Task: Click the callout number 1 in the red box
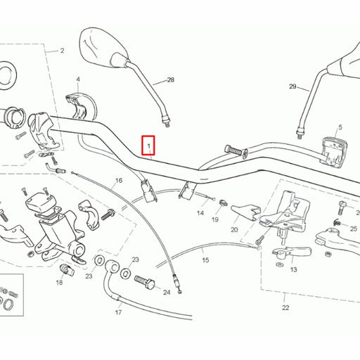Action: pos(148,146)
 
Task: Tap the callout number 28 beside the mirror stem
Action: pos(171,80)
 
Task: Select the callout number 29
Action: pos(292,86)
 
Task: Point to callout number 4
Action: pos(78,79)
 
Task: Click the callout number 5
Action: pos(340,127)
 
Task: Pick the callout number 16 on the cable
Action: pos(119,181)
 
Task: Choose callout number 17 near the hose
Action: pos(118,312)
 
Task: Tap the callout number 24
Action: pos(167,292)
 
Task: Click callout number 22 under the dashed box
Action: pos(285,308)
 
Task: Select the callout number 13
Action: pos(293,270)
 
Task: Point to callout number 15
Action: pos(205,260)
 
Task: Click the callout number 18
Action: pos(59,283)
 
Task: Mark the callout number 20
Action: pos(234,230)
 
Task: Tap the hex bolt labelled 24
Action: pos(145,282)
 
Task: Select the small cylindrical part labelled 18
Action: pos(67,270)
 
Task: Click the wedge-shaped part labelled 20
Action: pos(246,212)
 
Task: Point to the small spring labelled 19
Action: pos(223,202)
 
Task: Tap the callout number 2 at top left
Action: pos(62,51)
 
